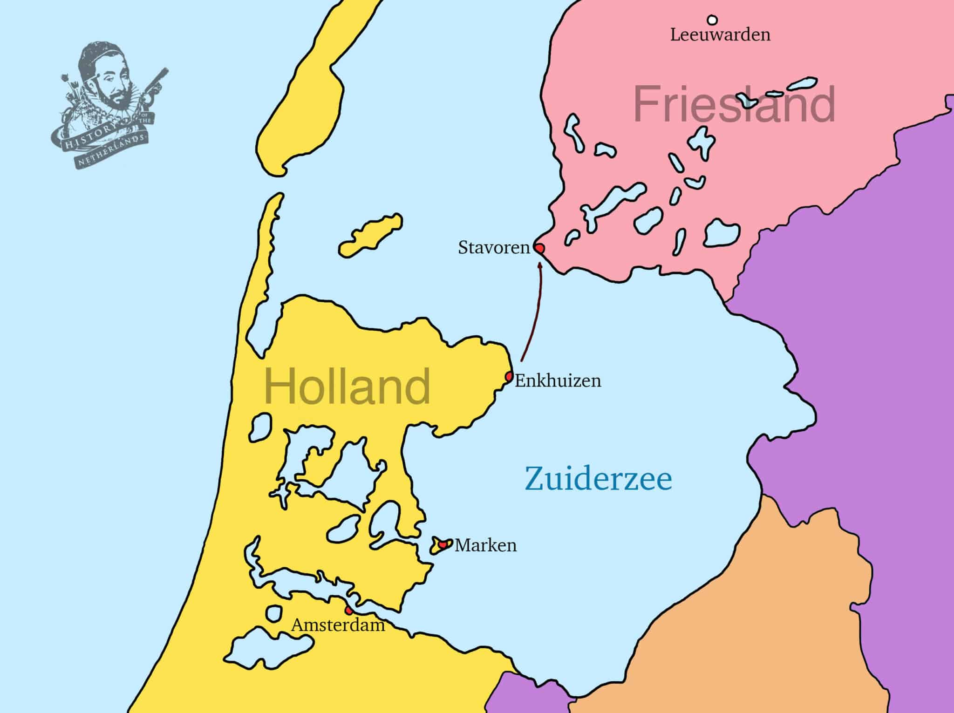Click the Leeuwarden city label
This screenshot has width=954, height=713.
click(x=720, y=35)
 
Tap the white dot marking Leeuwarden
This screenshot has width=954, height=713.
click(x=712, y=20)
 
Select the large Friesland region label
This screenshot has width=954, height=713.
click(x=734, y=105)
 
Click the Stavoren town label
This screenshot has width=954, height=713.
click(x=494, y=248)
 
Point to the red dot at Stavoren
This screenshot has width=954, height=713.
click(x=539, y=248)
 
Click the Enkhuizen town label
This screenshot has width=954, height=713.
click(x=558, y=381)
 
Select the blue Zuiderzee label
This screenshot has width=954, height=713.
click(x=599, y=479)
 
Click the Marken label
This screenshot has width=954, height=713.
click(x=485, y=545)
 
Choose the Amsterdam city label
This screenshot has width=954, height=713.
click(x=338, y=625)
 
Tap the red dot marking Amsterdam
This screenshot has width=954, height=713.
click(x=348, y=610)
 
